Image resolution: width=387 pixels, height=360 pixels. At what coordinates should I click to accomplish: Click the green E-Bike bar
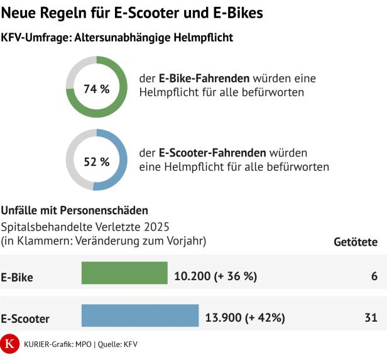124,273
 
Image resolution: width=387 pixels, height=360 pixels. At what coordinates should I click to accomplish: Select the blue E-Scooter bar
140,316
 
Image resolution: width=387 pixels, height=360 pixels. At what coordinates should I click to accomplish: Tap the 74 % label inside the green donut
97,89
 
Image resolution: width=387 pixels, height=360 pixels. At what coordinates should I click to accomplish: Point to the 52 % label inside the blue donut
97,161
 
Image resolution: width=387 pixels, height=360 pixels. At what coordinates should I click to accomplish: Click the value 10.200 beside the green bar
192,275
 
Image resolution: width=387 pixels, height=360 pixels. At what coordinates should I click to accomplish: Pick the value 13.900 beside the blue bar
224,318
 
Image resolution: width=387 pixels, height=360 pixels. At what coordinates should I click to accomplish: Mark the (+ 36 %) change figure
236,275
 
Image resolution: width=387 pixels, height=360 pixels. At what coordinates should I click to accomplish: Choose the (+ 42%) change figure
265,318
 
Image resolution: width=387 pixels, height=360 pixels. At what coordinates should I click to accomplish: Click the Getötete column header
355,241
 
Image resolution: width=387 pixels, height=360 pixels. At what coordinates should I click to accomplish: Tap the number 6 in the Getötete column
374,275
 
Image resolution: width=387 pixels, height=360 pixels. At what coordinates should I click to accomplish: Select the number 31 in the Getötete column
371,318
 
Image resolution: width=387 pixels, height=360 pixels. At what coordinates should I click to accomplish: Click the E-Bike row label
17,276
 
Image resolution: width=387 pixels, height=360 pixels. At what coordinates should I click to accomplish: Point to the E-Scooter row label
25,319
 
